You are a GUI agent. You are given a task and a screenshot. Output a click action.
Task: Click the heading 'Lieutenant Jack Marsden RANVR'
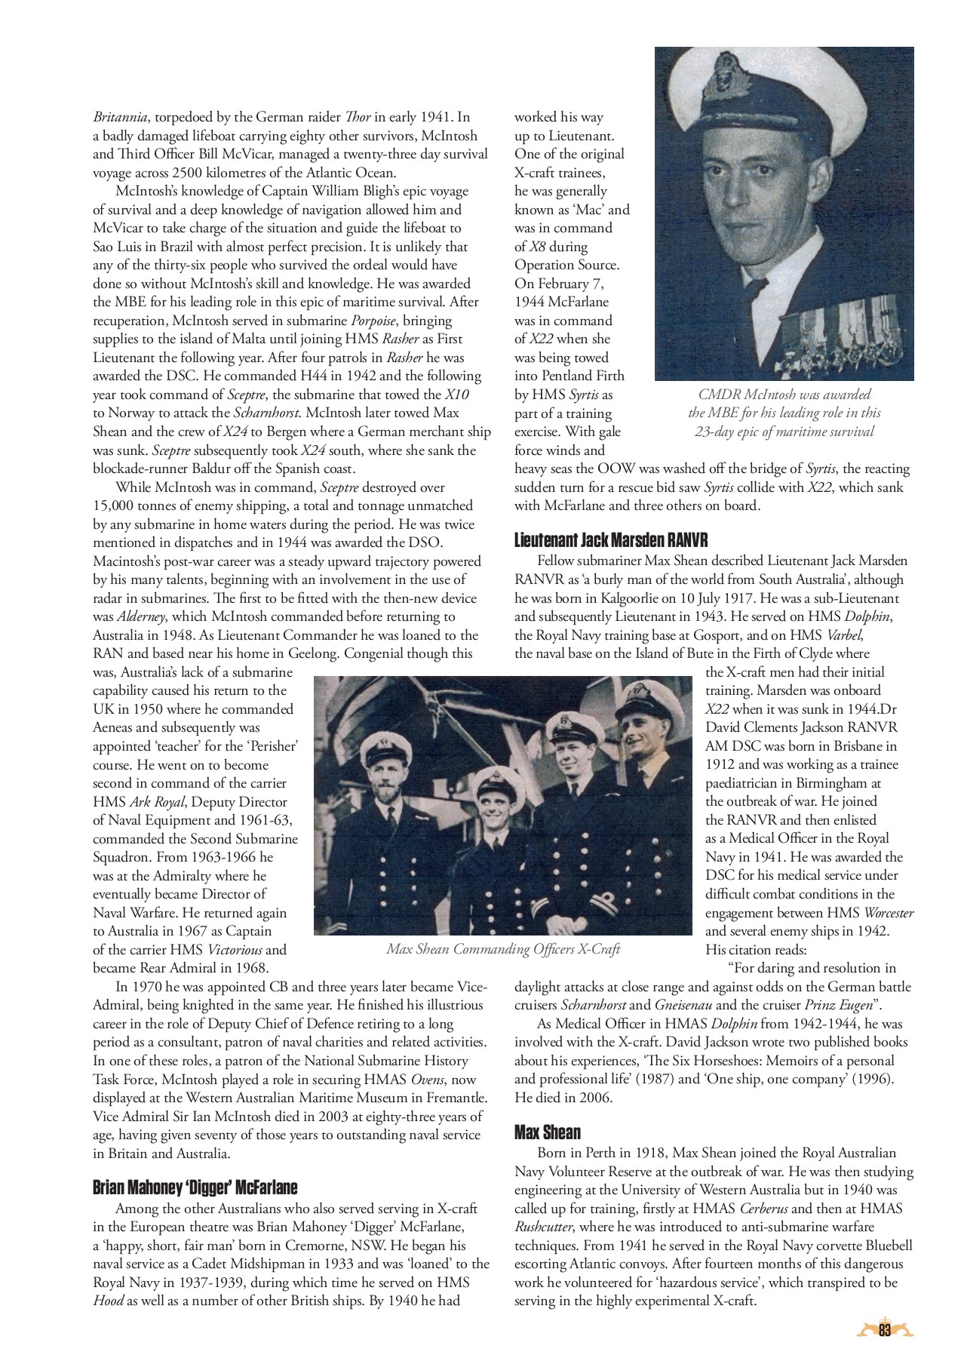point(611,540)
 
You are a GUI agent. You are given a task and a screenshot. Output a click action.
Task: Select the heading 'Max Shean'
point(548,1132)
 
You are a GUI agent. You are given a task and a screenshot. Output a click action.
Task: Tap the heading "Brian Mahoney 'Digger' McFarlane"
point(195,1187)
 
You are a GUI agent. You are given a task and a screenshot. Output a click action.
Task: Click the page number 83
point(885,1330)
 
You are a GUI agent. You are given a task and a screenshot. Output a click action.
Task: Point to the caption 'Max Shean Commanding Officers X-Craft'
point(503,949)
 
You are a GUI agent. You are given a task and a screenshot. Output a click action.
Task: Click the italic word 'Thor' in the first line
point(357,117)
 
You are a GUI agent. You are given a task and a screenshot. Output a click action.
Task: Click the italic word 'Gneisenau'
point(682,1005)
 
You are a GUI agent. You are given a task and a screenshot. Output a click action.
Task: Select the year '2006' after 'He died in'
point(595,1098)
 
